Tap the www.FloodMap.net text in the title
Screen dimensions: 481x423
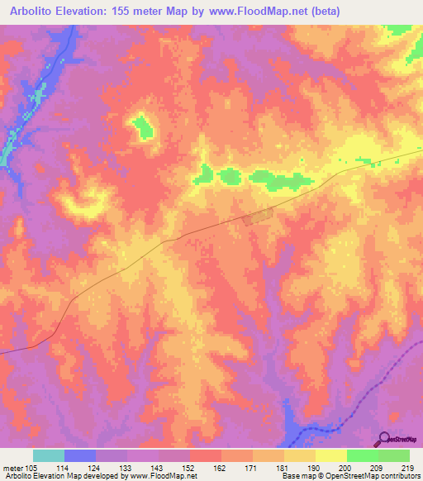[250, 12]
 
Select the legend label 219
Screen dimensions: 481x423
[408, 468]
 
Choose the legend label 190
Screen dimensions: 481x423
[314, 468]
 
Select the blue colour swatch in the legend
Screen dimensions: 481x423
[79, 455]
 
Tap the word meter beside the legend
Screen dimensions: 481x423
[14, 468]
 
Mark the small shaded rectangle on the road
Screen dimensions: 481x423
[257, 217]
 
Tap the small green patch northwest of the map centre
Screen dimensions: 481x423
[145, 127]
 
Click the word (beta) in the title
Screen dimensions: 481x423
[326, 12]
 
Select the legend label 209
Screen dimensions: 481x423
[377, 468]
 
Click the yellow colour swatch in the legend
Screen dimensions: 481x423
[330, 455]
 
